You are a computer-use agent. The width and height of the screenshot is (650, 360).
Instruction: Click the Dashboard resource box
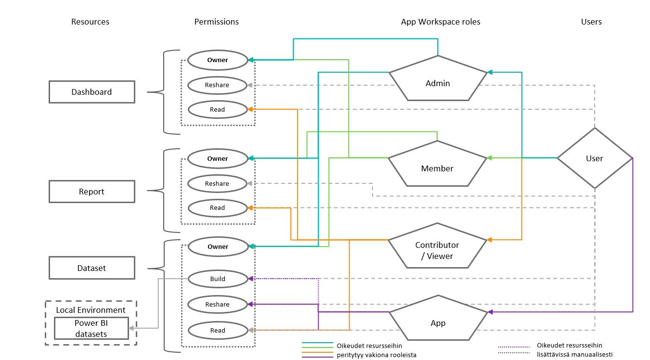pos(91,92)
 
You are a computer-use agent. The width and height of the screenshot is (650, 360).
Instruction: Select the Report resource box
pos(91,192)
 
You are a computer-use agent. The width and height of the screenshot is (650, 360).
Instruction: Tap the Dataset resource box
pos(91,268)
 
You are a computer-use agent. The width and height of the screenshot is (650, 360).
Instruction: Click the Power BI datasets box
pos(91,328)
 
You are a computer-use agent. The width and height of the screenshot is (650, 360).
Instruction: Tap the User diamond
pos(595,158)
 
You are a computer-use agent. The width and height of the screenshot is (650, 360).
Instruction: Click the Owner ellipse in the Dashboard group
pos(217,60)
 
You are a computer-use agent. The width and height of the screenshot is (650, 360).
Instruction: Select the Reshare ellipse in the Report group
pos(217,183)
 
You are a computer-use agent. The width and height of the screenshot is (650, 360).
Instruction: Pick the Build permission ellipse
pos(217,279)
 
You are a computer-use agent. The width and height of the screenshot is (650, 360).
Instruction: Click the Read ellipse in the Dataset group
pos(217,330)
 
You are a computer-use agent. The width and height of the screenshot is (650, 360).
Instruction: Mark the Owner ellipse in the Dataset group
pos(217,246)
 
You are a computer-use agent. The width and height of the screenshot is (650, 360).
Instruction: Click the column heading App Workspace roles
pos(440,22)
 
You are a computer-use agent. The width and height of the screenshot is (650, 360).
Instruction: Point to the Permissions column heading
pos(216,22)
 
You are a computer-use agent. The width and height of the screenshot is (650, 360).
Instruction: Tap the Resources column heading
pos(90,22)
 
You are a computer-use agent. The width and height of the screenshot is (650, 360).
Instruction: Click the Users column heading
pos(591,22)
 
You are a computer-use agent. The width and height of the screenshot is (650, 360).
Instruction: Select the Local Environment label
pos(91,310)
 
